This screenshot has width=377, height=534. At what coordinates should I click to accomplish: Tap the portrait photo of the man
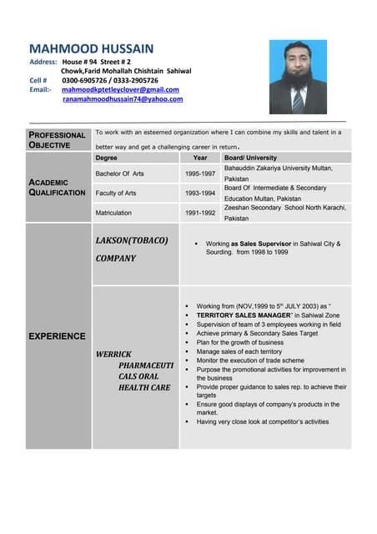click(298, 77)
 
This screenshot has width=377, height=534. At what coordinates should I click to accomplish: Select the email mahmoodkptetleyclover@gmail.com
click(120, 89)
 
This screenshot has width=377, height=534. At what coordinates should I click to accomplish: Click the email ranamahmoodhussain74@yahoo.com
click(123, 99)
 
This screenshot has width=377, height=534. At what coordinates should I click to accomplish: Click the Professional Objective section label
click(57, 139)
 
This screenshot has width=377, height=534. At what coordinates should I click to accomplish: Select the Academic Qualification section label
click(57, 187)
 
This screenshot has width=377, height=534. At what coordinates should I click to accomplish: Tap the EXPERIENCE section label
click(57, 336)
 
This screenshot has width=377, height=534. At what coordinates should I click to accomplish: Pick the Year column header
click(200, 158)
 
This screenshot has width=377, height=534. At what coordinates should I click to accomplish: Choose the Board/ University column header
click(250, 158)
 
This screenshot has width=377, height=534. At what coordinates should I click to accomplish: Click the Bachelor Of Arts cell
click(120, 174)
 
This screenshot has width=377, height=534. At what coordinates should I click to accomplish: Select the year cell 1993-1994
click(200, 194)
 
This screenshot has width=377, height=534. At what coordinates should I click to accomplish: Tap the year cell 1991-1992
click(200, 213)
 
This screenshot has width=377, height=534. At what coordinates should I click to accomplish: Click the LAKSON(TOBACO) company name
click(132, 240)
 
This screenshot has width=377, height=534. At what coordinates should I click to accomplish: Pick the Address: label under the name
click(43, 63)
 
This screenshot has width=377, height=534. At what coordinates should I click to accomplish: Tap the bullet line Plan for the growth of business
click(240, 343)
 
